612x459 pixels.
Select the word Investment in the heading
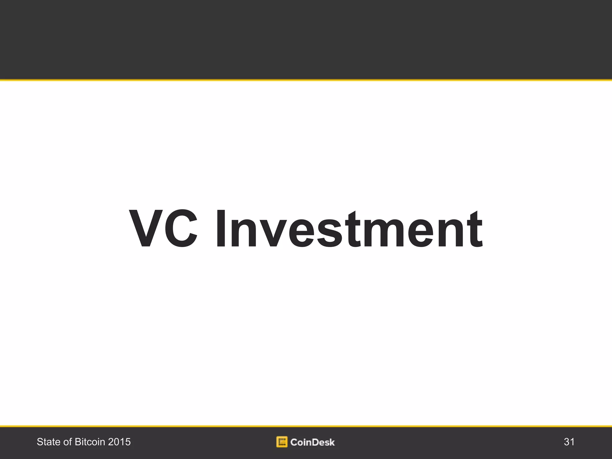349,229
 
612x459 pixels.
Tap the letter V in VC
146,229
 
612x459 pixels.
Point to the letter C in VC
181,229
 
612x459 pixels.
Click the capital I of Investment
221,229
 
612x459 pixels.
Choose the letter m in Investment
386,233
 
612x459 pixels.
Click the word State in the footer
48,442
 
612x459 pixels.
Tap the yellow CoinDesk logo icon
282,442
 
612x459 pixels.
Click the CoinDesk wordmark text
312,442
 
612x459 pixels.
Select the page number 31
569,442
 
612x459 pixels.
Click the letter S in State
39,442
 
